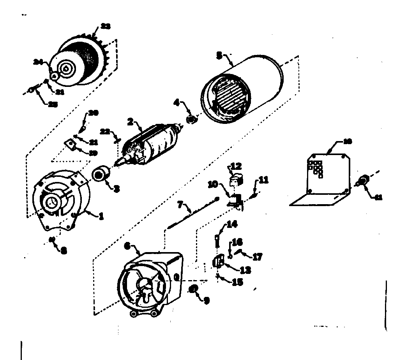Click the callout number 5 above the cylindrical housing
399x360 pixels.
[219, 56]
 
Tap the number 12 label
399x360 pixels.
[236, 167]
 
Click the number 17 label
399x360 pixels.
[258, 257]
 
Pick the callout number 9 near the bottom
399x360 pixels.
[207, 300]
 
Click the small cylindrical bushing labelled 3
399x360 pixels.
[101, 174]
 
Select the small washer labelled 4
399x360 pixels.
[191, 119]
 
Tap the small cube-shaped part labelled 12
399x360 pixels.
[236, 180]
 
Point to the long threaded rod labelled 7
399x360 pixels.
[191, 215]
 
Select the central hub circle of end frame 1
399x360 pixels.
[51, 201]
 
